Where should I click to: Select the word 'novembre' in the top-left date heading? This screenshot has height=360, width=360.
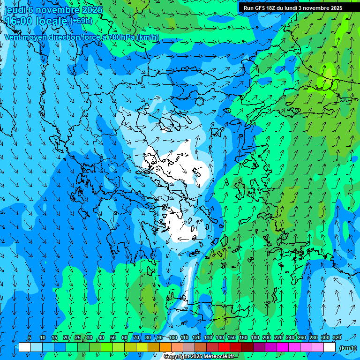(x=57, y=10)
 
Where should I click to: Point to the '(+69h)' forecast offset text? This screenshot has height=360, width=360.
(x=81, y=21)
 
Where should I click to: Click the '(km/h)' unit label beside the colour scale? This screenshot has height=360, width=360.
(x=347, y=348)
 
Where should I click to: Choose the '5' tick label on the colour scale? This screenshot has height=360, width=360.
(x=30, y=337)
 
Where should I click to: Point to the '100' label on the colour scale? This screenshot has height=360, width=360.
(x=173, y=337)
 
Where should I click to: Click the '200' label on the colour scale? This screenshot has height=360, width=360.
(x=267, y=337)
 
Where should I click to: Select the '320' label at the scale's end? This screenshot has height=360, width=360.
(x=337, y=337)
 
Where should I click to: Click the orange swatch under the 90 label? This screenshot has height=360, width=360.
(x=165, y=347)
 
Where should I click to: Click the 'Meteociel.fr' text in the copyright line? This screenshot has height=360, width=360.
(x=219, y=357)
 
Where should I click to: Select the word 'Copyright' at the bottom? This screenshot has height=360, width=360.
(x=177, y=357)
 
